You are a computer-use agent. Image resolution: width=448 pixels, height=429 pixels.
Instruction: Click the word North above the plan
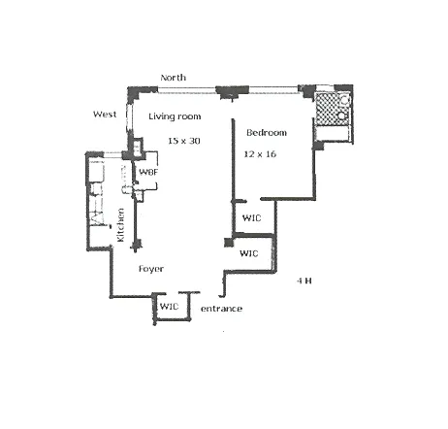point(174,78)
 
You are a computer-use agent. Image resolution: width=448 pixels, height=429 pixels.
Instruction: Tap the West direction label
point(105,115)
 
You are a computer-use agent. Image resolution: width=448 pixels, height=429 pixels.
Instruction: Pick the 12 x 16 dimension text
point(260,153)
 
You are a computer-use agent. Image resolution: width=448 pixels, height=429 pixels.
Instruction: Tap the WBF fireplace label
point(148,173)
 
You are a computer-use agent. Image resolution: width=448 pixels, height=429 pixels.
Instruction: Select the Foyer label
point(150,267)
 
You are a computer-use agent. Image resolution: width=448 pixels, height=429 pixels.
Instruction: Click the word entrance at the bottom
point(220,309)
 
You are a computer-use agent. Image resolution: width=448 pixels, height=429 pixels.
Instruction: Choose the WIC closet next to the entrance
point(170,307)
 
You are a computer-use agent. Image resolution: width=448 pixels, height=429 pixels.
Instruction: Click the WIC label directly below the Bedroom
point(251,218)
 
